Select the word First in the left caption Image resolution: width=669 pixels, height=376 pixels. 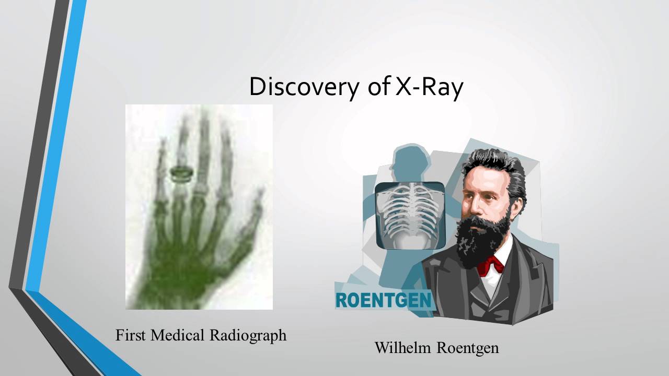pos(130,335)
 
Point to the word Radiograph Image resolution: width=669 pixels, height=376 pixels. pos(248,335)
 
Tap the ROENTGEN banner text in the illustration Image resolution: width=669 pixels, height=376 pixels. pos(383,300)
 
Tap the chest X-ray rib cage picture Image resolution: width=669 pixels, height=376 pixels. pos(410,215)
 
